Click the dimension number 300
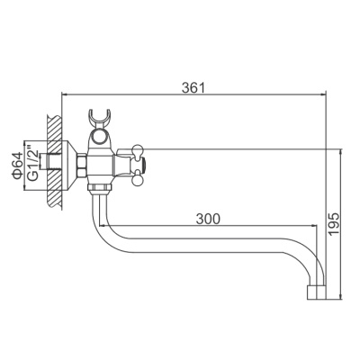[206, 219]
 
